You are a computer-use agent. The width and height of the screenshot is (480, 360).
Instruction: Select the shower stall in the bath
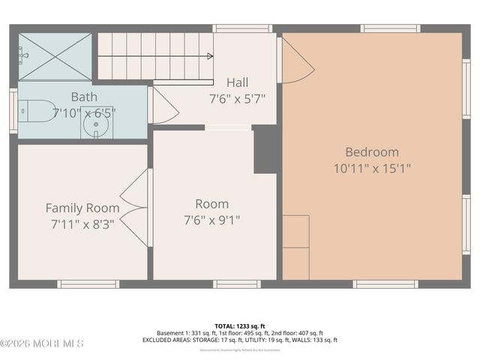pyautogui.click(x=54, y=56)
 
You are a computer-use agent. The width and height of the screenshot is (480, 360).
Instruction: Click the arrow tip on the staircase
pyautogui.click(x=210, y=55)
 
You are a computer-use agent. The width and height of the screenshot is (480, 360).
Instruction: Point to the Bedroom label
pyautogui.click(x=372, y=151)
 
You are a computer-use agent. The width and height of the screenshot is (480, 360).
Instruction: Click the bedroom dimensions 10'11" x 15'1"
pyautogui.click(x=372, y=168)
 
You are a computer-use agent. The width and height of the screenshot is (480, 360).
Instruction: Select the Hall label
pyautogui.click(x=237, y=82)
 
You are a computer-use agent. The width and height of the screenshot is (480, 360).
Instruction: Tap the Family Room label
pyautogui.click(x=82, y=208)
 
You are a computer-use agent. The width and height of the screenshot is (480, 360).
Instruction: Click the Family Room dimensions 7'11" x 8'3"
pyautogui.click(x=82, y=223)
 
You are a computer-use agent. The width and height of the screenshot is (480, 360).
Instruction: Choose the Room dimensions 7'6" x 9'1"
pyautogui.click(x=212, y=220)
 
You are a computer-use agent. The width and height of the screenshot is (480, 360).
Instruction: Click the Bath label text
pyautogui.click(x=84, y=97)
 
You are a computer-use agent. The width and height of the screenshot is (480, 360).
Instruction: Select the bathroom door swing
pyautogui.click(x=165, y=106)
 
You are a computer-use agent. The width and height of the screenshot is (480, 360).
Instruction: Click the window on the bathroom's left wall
pyautogui.click(x=13, y=111)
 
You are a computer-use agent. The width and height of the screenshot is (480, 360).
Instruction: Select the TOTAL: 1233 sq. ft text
pyautogui.click(x=240, y=326)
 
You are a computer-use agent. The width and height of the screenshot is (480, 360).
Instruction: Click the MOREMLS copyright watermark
pyautogui.click(x=42, y=343)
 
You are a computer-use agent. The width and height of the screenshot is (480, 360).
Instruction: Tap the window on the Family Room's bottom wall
pyautogui.click(x=88, y=284)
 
